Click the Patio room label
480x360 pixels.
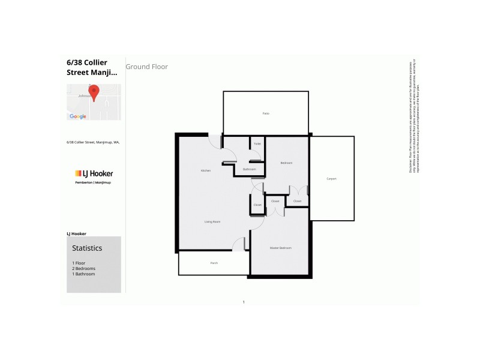[265, 113]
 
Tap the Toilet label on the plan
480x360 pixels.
[257, 144]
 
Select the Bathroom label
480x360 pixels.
[250, 170]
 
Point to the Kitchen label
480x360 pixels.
[206, 171]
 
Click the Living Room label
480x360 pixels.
[212, 222]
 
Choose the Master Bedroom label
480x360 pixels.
[280, 248]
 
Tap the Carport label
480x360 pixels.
[331, 179]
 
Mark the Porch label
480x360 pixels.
[214, 263]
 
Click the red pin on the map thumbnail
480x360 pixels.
[93, 92]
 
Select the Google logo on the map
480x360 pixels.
[78, 116]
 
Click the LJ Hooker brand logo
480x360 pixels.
[94, 173]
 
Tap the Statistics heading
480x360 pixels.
[87, 248]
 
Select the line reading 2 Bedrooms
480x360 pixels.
[83, 269]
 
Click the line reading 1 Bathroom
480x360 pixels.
[83, 274]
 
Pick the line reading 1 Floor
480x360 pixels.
[78, 263]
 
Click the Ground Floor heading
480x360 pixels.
[147, 67]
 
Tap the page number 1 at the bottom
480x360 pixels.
[244, 302]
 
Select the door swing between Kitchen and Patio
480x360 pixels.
[214, 142]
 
